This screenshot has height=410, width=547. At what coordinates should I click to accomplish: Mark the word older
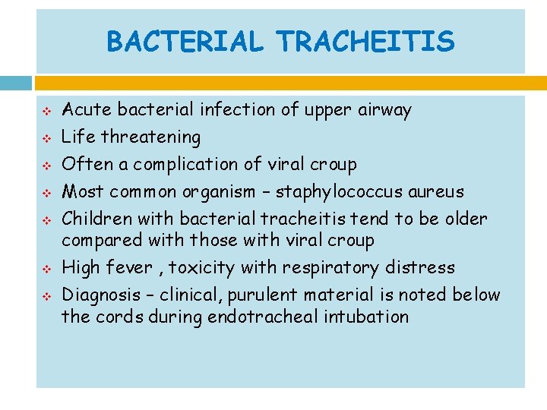point(464,219)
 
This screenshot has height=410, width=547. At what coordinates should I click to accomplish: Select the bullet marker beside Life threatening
point(45,138)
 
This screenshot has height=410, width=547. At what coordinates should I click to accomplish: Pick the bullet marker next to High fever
point(45,269)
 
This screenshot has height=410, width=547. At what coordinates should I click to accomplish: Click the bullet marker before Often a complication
point(45,166)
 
